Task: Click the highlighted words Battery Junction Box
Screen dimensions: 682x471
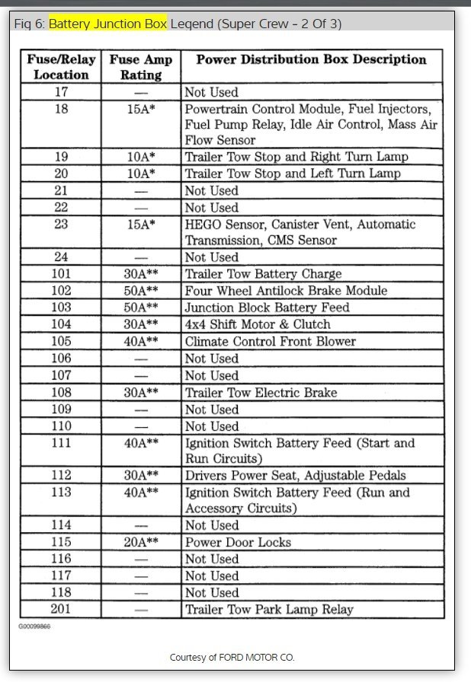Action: [107, 24]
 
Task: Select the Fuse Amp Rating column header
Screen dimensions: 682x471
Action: [141, 67]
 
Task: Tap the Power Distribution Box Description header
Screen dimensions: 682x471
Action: [311, 59]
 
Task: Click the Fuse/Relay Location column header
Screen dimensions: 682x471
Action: [61, 67]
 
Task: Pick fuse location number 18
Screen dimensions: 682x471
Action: [61, 109]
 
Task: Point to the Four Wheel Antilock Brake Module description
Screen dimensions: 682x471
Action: [286, 291]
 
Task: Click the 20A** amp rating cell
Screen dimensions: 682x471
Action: [141, 542]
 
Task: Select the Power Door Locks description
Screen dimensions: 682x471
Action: [238, 542]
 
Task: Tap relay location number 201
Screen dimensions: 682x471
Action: [61, 609]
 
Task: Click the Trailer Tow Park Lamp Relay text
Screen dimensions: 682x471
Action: [269, 609]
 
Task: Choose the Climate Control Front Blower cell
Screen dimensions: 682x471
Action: [270, 341]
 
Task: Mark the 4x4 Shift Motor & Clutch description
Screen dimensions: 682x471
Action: [258, 324]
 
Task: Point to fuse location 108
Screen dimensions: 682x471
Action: [61, 393]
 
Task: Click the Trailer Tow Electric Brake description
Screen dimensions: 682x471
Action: [261, 393]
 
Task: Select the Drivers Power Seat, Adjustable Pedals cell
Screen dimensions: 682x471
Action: [295, 476]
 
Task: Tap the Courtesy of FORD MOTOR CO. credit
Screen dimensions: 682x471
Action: [232, 657]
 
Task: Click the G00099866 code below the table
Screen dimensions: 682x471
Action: [35, 626]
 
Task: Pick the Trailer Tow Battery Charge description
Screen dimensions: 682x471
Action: [263, 274]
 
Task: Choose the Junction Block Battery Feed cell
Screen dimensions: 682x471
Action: [267, 308]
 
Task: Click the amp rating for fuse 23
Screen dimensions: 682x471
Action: [141, 225]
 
